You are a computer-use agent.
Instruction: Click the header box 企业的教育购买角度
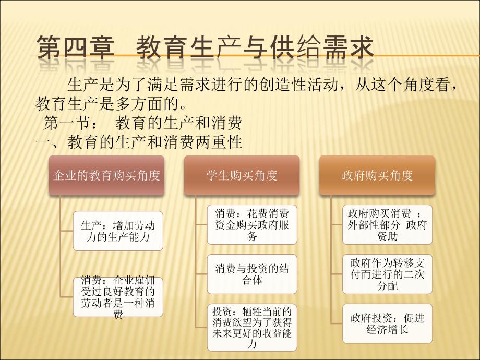point(106,175)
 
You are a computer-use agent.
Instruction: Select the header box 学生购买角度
point(242,175)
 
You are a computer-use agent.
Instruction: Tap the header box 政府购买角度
point(377,175)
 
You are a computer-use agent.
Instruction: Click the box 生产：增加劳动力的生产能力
point(118,231)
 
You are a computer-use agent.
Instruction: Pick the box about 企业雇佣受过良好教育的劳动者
point(118,297)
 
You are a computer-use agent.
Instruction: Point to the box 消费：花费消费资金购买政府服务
point(252,225)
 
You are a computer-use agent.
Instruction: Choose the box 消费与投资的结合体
point(252,274)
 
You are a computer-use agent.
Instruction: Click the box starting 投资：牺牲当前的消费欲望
point(252,327)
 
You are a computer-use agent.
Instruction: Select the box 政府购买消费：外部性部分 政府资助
point(387,225)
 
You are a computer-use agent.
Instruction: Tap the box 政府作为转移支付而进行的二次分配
point(387,274)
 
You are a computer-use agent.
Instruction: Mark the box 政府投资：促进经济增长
point(387,324)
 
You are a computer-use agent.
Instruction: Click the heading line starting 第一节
point(142,123)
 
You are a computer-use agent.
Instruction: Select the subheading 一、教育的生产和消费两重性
point(139,142)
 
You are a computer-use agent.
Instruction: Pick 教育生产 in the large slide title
point(176,47)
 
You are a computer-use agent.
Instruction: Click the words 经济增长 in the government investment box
point(387,330)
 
